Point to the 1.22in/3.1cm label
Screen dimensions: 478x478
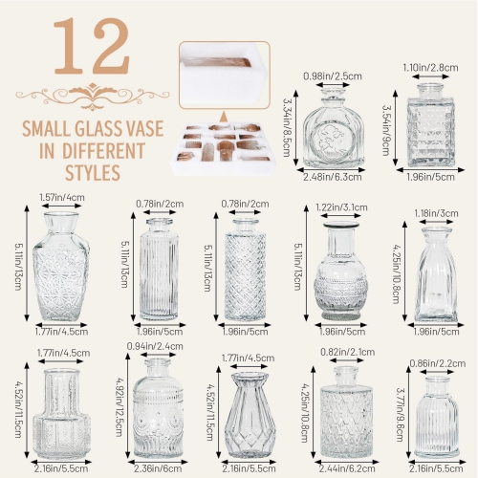click(x=339, y=207)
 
